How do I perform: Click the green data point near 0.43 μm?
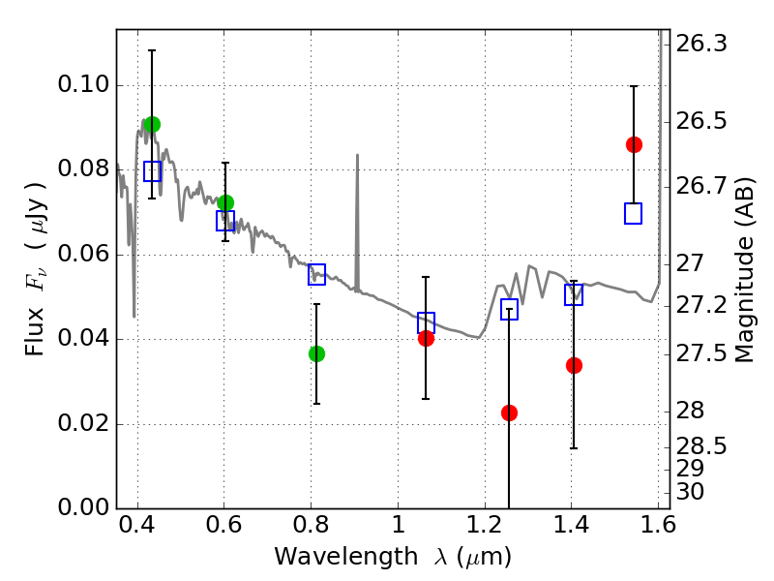[152, 125]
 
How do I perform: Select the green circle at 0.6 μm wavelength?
[225, 202]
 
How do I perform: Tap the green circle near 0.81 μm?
[317, 353]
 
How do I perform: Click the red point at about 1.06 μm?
[426, 338]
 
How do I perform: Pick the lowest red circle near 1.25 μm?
[510, 413]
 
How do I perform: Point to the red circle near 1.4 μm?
[574, 366]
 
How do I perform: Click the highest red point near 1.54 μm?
[635, 144]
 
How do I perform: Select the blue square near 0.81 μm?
[317, 274]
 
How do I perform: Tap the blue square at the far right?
[634, 213]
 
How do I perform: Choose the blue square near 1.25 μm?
[510, 309]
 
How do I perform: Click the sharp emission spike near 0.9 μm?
[357, 223]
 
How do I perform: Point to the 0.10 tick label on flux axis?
[83, 84]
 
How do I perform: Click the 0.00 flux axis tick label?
[83, 507]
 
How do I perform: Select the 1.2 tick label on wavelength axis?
[485, 525]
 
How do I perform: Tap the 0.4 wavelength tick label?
[137, 525]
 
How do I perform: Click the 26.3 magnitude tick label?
[701, 44]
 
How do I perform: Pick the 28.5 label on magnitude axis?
[701, 446]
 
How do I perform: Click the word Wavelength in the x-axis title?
[346, 557]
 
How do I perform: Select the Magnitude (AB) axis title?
[745, 270]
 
